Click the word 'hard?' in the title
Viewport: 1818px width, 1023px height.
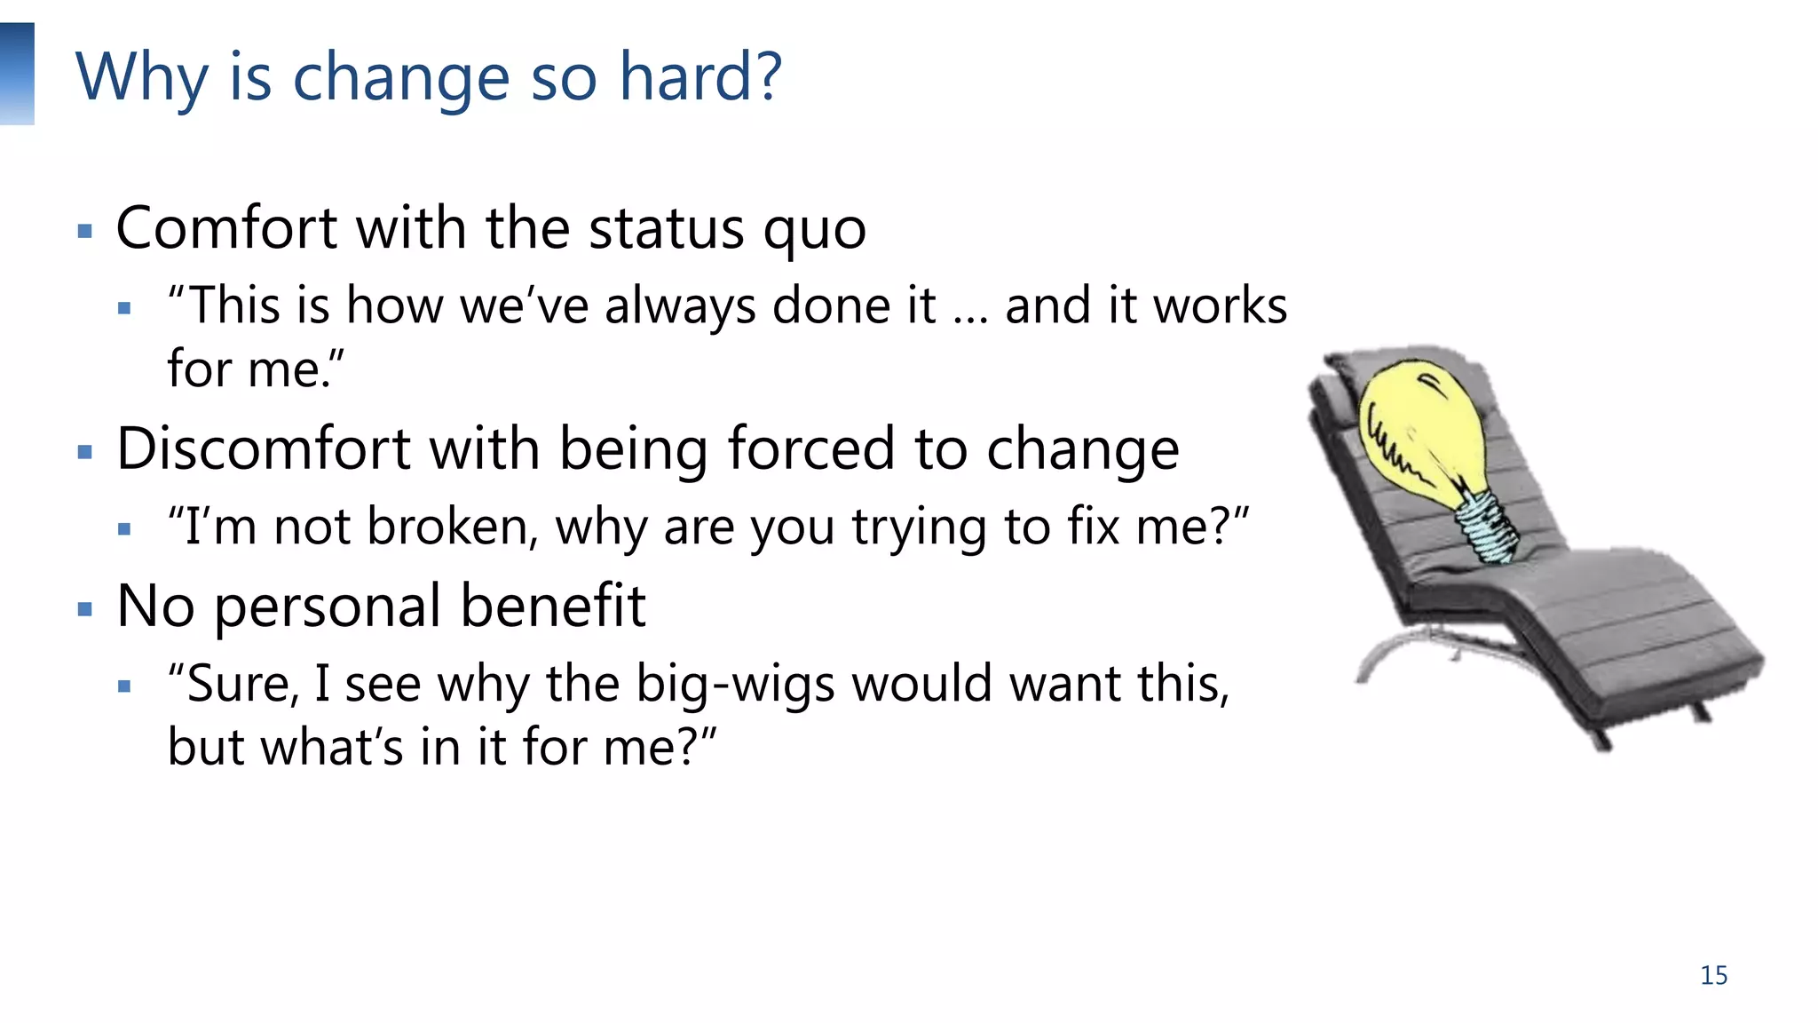pos(700,76)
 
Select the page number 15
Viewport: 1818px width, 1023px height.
pos(1713,975)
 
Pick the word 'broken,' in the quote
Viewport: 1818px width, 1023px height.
pos(453,527)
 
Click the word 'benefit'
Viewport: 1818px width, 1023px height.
pos(552,607)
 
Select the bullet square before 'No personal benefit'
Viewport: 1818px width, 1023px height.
pos(85,609)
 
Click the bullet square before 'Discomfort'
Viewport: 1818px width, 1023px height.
pos(85,452)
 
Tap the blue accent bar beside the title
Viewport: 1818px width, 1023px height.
pos(17,74)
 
